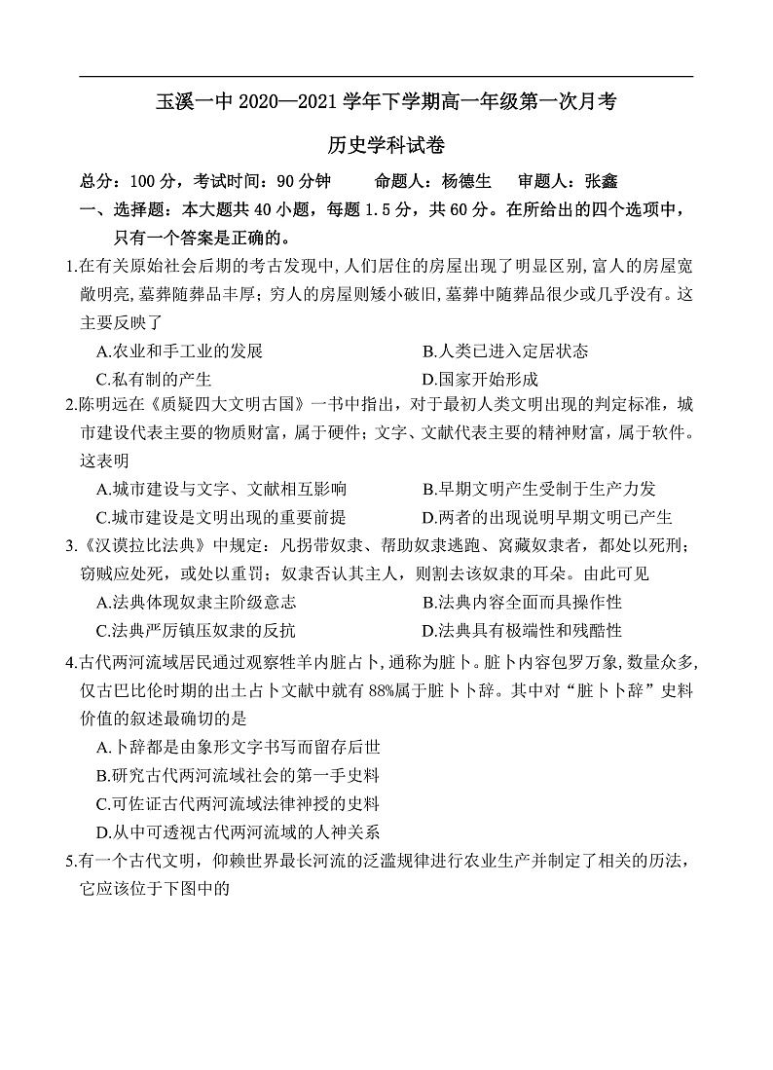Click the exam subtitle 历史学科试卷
pyautogui.click(x=386, y=146)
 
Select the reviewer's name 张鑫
pyautogui.click(x=602, y=181)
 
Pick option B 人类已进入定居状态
pyautogui.click(x=505, y=351)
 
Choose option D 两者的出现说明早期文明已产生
pyautogui.click(x=547, y=517)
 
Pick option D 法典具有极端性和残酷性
pyautogui.click(x=522, y=629)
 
